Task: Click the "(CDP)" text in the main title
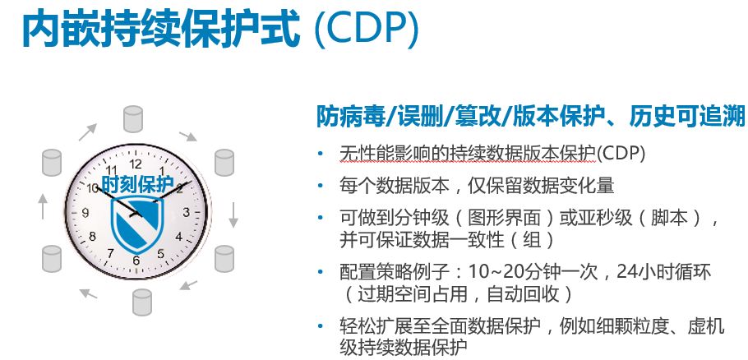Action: pos(366,30)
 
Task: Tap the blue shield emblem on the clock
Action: pos(137,224)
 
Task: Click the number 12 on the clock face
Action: pos(136,164)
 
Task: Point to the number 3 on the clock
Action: pos(186,212)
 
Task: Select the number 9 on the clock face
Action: pos(85,213)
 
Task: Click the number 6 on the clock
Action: pos(136,261)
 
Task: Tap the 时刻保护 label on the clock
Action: pos(138,185)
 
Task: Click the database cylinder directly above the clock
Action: pos(133,119)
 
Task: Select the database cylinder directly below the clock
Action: pos(141,302)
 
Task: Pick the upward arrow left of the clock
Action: pos(43,206)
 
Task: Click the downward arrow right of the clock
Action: pos(233,215)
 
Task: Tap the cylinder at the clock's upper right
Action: pos(224,163)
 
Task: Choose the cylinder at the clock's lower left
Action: pos(52,258)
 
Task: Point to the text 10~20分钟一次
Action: pos(533,273)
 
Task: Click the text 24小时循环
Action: pos(663,273)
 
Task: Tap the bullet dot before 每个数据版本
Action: pos(320,185)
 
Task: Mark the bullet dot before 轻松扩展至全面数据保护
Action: pos(320,326)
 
